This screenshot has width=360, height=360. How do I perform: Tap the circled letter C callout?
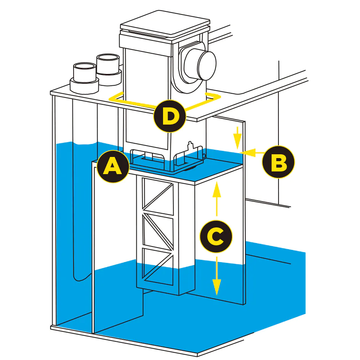click(216, 237)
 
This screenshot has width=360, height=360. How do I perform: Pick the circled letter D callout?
click(170, 116)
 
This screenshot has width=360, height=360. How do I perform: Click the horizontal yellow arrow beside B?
click(252, 153)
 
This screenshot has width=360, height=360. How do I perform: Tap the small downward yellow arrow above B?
click(237, 138)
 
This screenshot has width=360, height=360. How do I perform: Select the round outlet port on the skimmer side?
click(200, 62)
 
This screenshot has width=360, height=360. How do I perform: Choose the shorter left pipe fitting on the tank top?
click(84, 76)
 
